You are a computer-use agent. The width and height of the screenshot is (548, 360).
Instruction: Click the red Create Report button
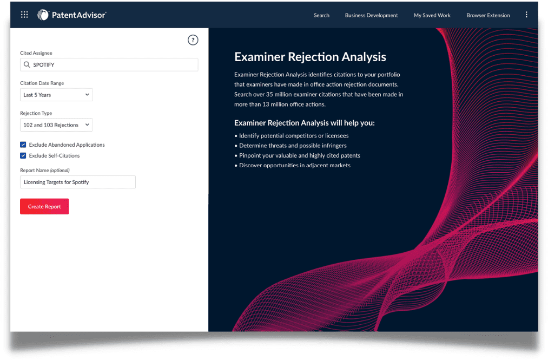point(44,206)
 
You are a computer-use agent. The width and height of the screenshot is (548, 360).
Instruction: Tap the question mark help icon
point(193,40)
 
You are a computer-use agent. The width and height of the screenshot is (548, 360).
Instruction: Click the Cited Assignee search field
point(109,65)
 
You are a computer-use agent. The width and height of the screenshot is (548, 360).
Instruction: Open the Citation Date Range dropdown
point(56,95)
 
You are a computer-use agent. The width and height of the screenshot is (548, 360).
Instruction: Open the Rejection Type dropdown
point(56,125)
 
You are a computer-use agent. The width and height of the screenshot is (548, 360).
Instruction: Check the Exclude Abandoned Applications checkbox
point(23,145)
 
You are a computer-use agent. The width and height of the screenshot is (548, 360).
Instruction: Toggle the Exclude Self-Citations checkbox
point(23,155)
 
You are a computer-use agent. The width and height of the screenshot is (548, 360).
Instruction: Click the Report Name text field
point(78,182)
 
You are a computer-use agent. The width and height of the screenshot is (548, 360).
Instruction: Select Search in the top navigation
point(321,15)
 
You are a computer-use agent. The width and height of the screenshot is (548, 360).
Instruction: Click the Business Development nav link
point(371,15)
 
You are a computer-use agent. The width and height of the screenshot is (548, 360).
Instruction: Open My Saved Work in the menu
point(432,15)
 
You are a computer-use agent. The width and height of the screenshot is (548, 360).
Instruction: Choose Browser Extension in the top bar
point(488,15)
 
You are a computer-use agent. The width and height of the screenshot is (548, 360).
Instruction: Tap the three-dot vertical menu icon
point(526,15)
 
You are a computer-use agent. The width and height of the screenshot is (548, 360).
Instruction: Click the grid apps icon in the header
point(24,15)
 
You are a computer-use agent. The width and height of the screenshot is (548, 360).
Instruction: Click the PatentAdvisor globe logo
point(43,15)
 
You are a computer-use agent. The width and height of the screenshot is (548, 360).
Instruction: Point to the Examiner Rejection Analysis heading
point(310,57)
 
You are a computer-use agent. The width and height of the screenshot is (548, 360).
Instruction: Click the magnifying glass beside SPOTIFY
point(27,65)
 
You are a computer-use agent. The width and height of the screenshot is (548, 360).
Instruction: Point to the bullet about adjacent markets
point(293,165)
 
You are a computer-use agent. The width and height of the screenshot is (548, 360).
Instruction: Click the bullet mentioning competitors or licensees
point(292,136)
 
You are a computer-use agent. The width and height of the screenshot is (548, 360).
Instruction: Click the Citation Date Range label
point(42,83)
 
